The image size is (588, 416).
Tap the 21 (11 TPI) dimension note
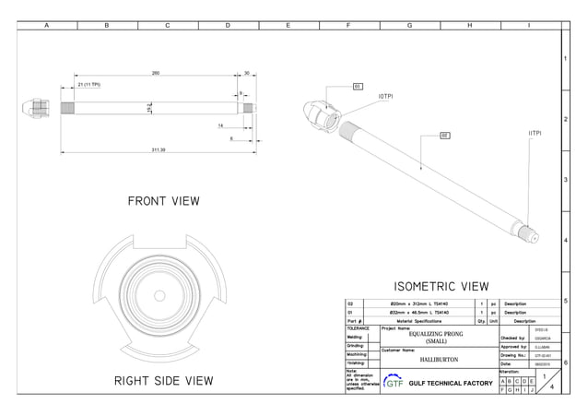(89, 84)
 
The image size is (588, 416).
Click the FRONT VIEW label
(163, 201)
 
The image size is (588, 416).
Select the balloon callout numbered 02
(444, 136)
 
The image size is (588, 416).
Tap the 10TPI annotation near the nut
(387, 96)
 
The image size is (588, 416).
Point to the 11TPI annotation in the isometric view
(535, 133)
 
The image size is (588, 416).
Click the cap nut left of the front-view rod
(30, 108)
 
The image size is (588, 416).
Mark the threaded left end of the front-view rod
(67, 108)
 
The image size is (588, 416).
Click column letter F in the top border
(348, 26)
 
